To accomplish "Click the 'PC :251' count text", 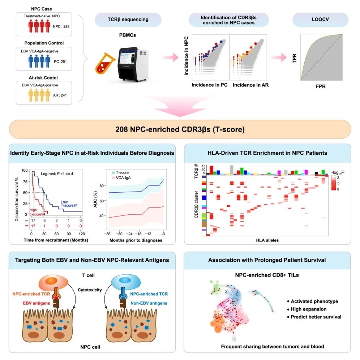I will [x=61, y=62].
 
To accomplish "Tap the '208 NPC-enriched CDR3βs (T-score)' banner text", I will [x=180, y=129].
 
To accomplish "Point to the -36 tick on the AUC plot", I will [x=107, y=234].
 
